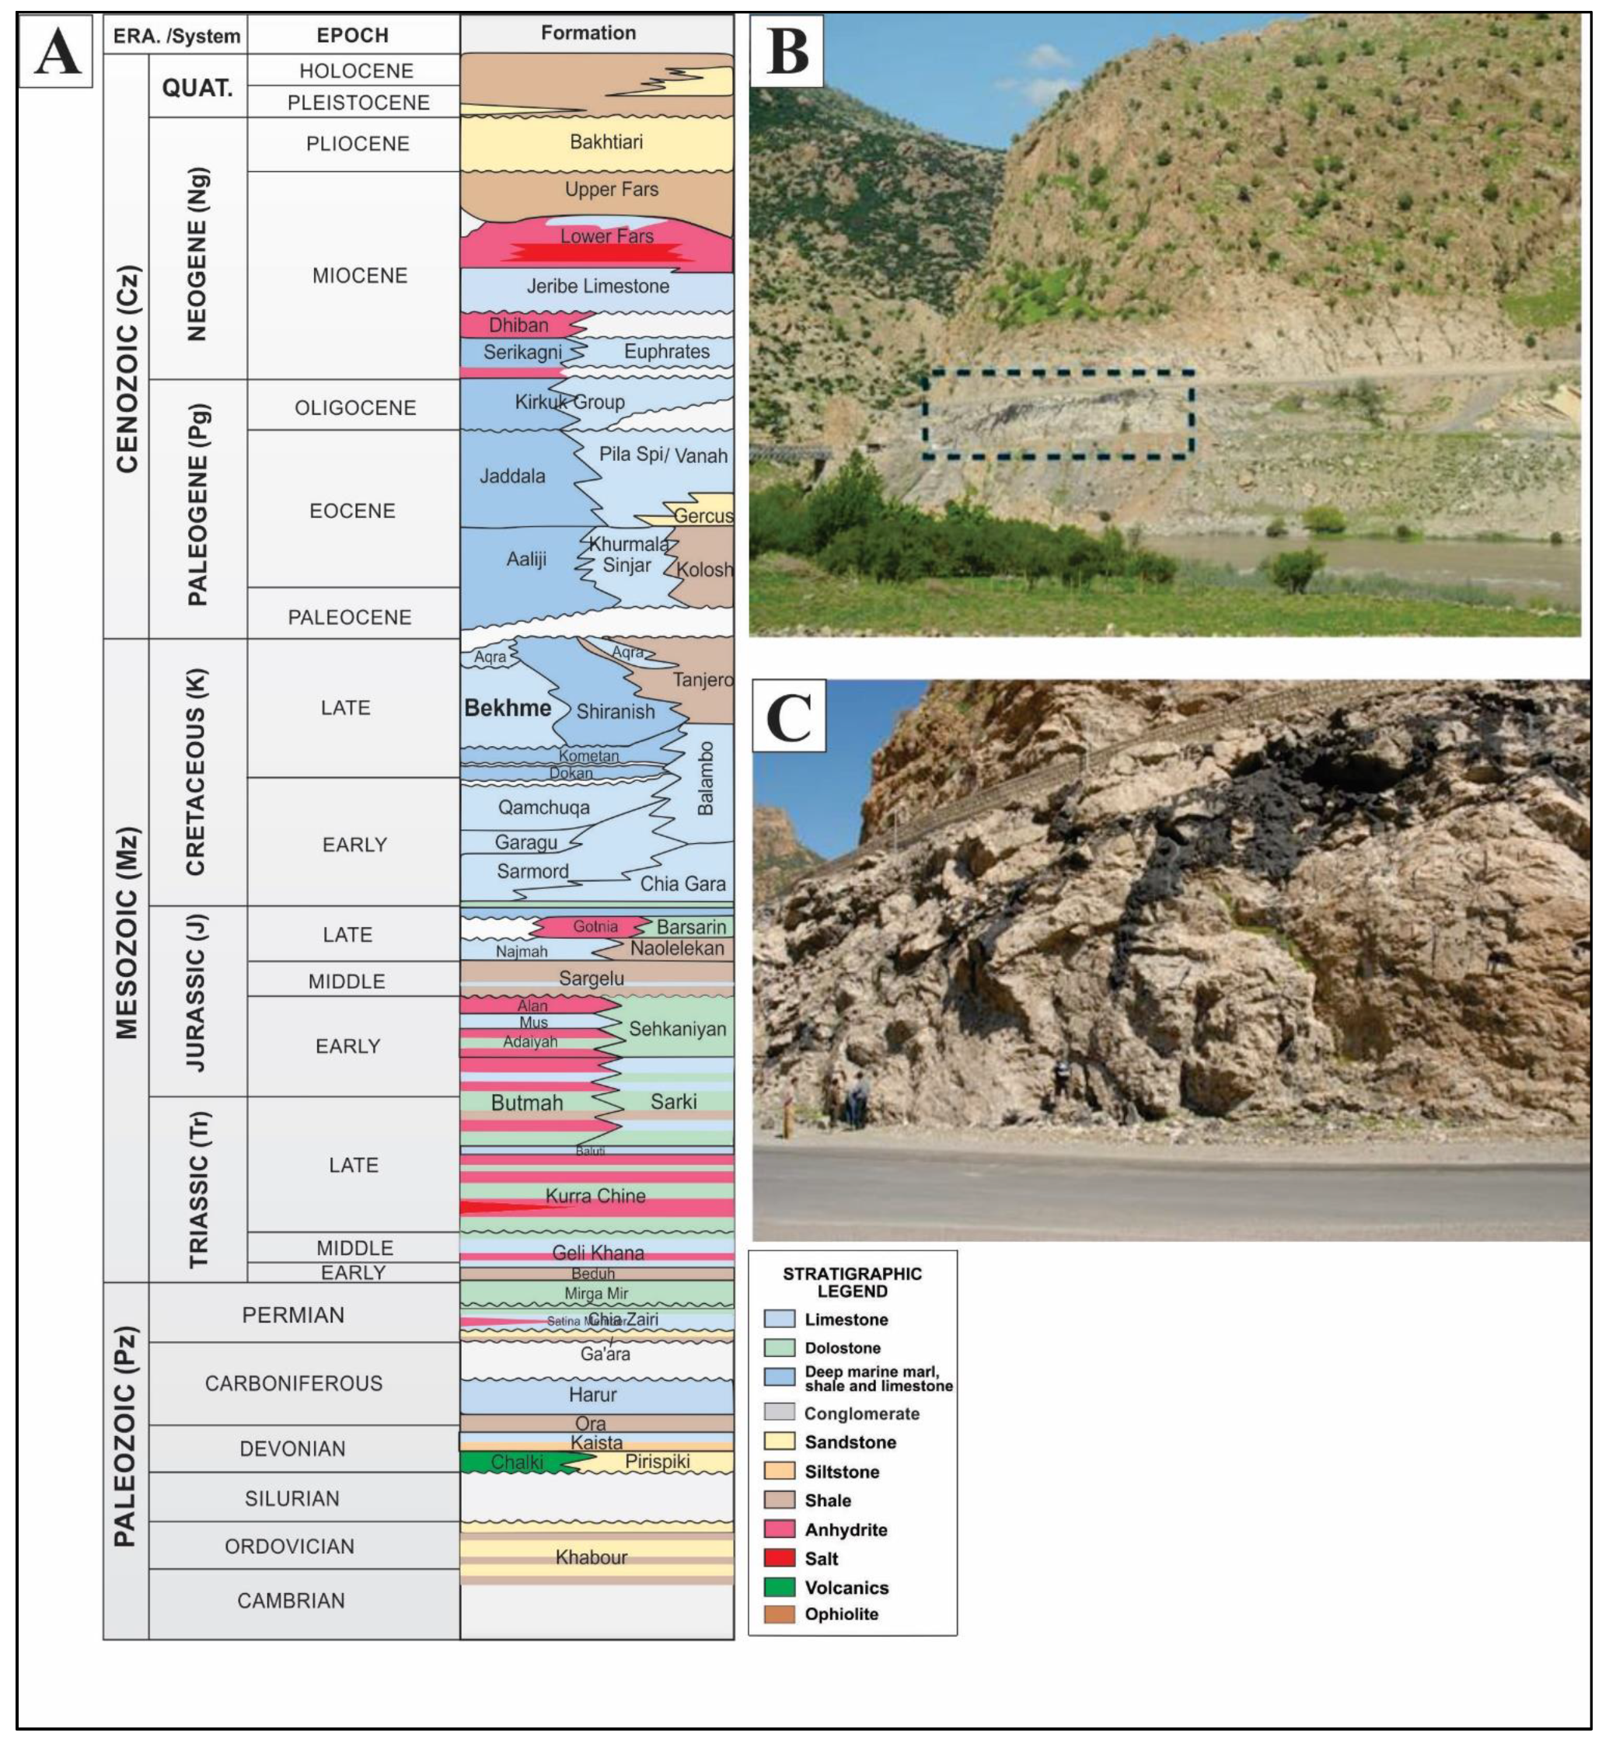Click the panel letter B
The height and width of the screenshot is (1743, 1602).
click(787, 51)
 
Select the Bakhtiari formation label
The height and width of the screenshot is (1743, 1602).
click(606, 142)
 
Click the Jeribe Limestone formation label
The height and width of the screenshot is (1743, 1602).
click(599, 286)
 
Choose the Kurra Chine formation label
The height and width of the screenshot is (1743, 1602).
click(595, 1196)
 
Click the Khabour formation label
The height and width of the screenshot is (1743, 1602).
click(592, 1557)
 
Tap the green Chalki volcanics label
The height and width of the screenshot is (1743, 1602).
click(517, 1462)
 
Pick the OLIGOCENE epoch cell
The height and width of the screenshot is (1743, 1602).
click(354, 407)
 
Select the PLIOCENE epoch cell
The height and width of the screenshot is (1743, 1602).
click(357, 144)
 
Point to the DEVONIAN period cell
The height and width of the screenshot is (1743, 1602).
click(292, 1448)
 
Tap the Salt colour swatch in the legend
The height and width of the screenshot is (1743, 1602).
click(780, 1558)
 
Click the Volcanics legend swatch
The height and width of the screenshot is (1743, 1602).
click(780, 1588)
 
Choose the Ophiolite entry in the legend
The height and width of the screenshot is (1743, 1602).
click(841, 1614)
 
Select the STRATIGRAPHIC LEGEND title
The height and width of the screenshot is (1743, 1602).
click(852, 1282)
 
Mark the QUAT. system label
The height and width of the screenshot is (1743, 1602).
click(197, 88)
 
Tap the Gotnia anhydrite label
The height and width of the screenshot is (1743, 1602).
click(595, 926)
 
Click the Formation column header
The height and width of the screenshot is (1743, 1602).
click(588, 33)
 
